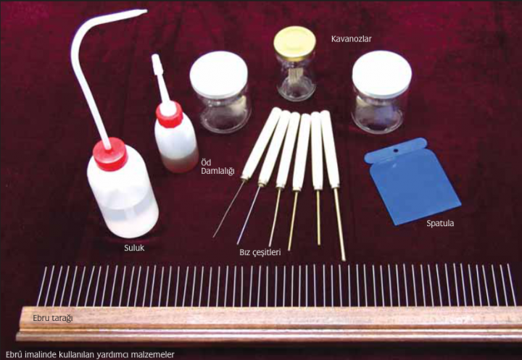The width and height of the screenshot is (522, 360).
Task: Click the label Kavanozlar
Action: (351, 39)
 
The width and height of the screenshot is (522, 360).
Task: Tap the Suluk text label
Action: (134, 248)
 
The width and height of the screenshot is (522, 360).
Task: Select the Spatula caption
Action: (440, 223)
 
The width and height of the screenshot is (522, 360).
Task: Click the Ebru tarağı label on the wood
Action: (53, 318)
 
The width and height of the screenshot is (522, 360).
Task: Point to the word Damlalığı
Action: (217, 171)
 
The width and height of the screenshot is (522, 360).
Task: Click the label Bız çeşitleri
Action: (260, 252)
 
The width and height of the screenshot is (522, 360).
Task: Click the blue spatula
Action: (412, 181)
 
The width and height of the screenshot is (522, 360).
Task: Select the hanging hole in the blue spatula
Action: (396, 151)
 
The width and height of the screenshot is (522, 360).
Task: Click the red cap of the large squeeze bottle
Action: (110, 154)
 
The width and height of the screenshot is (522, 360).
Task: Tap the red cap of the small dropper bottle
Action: (170, 115)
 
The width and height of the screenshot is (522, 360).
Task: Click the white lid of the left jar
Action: (219, 75)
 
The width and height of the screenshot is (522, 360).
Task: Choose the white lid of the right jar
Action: (382, 74)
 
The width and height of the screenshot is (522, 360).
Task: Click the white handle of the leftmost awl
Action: (261, 143)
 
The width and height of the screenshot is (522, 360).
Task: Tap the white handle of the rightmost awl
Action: (330, 149)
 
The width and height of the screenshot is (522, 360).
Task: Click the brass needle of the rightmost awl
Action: (339, 225)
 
